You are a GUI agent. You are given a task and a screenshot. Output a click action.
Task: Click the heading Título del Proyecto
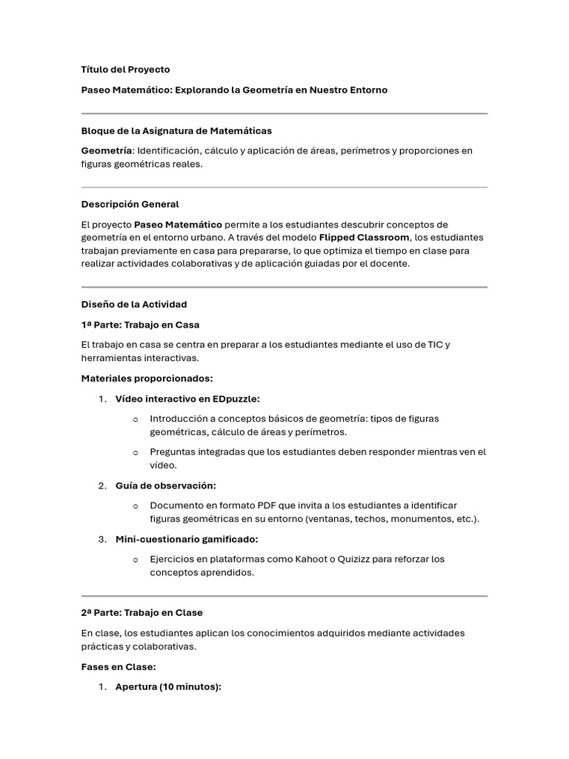(x=125, y=70)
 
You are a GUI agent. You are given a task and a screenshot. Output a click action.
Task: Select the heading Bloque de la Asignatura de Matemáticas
(x=176, y=130)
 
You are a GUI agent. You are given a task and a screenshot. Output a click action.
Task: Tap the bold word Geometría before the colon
(x=110, y=150)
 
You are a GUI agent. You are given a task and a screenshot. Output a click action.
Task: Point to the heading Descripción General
(x=130, y=204)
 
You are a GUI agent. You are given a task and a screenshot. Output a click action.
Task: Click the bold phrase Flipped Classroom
(x=364, y=237)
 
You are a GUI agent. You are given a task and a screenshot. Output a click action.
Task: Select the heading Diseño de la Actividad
(x=133, y=304)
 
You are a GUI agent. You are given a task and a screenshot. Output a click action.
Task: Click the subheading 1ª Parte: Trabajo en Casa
(x=140, y=325)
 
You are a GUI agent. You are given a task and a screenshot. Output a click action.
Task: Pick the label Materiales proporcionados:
(x=147, y=378)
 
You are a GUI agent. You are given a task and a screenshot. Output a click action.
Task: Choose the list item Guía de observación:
(x=165, y=485)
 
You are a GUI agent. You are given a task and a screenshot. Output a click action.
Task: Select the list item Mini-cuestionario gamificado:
(x=187, y=539)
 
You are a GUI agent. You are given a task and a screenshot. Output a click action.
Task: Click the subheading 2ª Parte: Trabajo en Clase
(x=142, y=613)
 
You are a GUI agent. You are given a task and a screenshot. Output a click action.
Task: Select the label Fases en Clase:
(x=119, y=666)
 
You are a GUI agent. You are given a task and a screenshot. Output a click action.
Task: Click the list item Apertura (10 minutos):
(x=168, y=687)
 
